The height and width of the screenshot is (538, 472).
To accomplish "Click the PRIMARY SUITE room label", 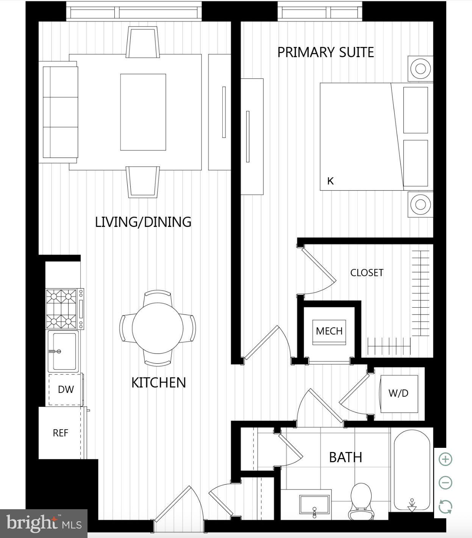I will [x=325, y=52].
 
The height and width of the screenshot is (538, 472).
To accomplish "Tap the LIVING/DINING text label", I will [x=143, y=222].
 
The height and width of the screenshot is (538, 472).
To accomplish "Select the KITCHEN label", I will [x=158, y=383].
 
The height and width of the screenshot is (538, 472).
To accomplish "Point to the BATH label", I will [x=345, y=457].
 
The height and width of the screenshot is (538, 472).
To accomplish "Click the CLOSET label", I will [x=366, y=273].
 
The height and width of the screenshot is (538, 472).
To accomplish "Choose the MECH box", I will [x=329, y=331].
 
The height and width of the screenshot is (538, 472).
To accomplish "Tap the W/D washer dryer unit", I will [x=399, y=394].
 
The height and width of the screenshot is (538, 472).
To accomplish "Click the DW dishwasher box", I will [x=66, y=389].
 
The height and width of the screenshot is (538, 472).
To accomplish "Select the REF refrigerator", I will [x=61, y=433].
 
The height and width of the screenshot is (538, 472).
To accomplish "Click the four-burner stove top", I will [x=61, y=309].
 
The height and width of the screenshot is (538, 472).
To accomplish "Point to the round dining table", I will [x=158, y=328].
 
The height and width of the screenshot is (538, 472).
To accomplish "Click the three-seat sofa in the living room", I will [x=61, y=112].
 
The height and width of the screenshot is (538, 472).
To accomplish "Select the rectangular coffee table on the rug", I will [x=143, y=112].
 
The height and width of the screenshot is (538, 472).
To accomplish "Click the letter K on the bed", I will [x=330, y=181].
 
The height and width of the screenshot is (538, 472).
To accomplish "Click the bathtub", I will [x=412, y=470].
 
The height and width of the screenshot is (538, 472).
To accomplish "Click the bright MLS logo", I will [x=44, y=524].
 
